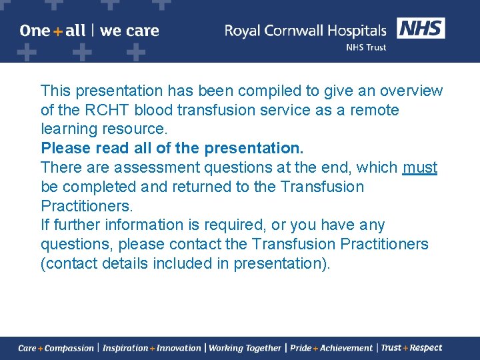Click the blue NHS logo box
pyautogui.click(x=421, y=29)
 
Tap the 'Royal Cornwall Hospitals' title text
pyautogui.click(x=305, y=31)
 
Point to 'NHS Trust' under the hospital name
pyautogui.click(x=365, y=48)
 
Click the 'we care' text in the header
pyautogui.click(x=129, y=31)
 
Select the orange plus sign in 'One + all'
pyautogui.click(x=58, y=31)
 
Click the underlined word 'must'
pyautogui.click(x=420, y=167)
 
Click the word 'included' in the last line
pyautogui.click(x=181, y=263)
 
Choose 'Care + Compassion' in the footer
pyautogui.click(x=56, y=348)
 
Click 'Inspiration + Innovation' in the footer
pyautogui.click(x=152, y=348)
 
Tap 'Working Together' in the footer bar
pyautogui.click(x=245, y=348)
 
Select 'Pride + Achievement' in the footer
pyautogui.click(x=331, y=348)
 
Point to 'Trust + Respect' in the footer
pyautogui.click(x=411, y=348)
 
